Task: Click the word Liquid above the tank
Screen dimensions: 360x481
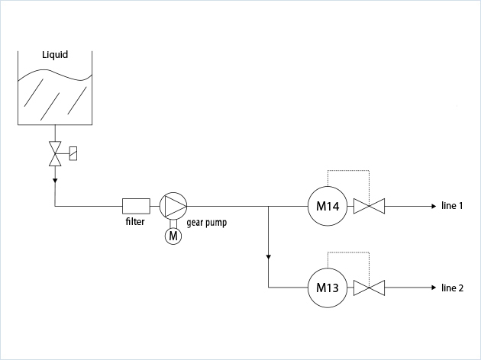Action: point(55,55)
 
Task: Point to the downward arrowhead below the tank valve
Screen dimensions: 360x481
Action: point(55,181)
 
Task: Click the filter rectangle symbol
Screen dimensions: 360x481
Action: point(136,205)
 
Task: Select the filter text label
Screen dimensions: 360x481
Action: point(136,222)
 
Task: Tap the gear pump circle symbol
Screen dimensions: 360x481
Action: point(173,205)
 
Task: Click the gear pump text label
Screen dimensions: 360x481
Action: point(206,223)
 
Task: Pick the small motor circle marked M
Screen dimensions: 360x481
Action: point(173,236)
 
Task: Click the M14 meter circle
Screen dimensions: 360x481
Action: point(328,205)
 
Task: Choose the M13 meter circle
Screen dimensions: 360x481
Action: point(328,288)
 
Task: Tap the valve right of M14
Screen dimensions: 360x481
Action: point(370,205)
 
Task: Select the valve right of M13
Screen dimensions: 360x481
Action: point(370,288)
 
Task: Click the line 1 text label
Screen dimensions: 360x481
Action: point(453,205)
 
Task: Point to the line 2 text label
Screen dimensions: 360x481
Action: point(453,288)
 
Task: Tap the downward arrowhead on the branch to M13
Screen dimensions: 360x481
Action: point(269,256)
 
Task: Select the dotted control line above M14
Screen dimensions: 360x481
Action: point(348,170)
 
